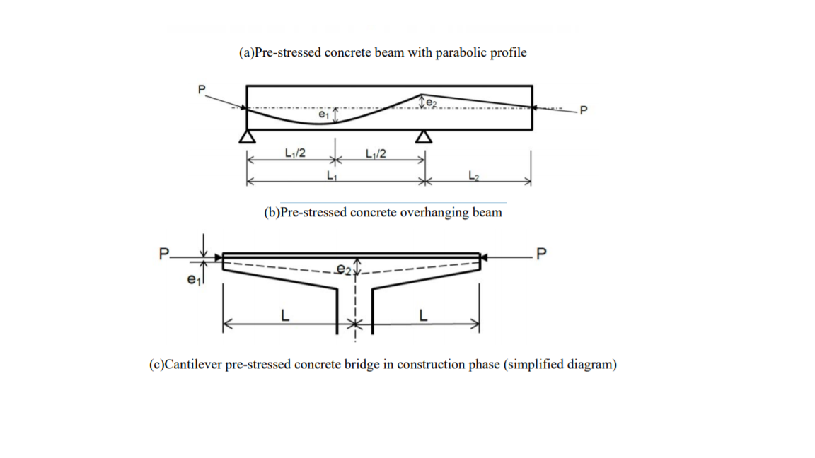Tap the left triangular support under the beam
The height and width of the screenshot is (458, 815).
247,137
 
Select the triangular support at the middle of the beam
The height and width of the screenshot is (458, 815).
423,137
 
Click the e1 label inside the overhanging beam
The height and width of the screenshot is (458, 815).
323,114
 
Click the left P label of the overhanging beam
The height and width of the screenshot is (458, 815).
202,90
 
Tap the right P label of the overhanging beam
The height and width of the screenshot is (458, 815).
583,110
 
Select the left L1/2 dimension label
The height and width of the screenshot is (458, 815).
295,153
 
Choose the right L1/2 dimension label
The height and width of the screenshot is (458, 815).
375,153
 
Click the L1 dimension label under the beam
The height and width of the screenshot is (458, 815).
333,176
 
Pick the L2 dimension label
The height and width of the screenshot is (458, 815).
473,176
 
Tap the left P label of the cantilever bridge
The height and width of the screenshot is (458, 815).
164,253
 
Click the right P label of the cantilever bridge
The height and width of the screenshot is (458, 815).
542,253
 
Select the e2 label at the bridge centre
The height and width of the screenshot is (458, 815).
343,269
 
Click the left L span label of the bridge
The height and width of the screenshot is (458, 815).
285,316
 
